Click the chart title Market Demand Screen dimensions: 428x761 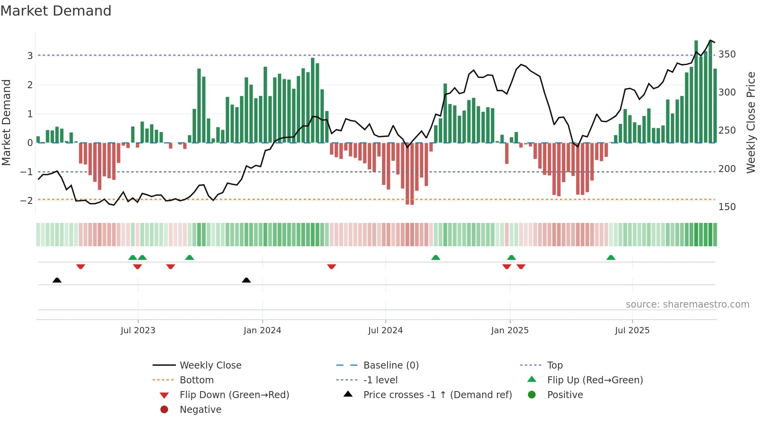click(x=56, y=11)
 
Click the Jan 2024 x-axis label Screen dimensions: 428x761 click(x=262, y=331)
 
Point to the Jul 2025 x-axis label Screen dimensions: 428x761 click(x=632, y=331)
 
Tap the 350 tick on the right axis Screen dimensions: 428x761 click(x=727, y=54)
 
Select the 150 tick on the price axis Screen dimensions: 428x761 click(x=727, y=207)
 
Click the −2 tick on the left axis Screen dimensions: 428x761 click(x=26, y=201)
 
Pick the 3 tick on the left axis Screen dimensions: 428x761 click(x=30, y=56)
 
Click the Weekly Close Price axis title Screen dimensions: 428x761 click(x=751, y=122)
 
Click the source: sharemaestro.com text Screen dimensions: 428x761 click(x=687, y=304)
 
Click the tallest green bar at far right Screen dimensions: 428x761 click(x=696, y=91)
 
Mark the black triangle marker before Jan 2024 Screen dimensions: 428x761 click(x=246, y=280)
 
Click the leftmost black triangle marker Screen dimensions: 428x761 click(x=57, y=280)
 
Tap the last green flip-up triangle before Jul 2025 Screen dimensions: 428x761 click(x=611, y=257)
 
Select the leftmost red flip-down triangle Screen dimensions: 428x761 click(x=81, y=266)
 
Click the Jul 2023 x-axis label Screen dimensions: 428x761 click(x=138, y=331)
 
